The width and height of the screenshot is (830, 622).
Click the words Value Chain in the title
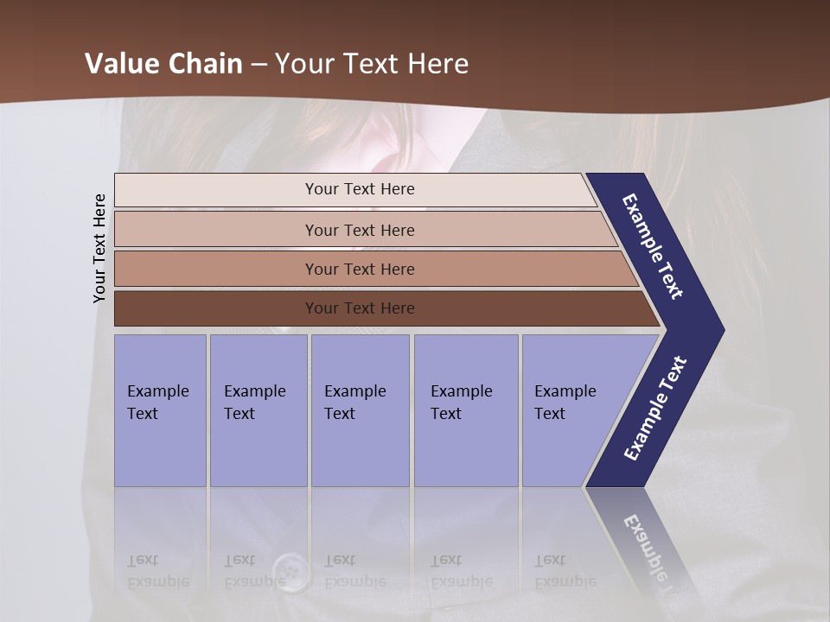(x=163, y=64)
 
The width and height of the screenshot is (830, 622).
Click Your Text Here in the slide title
(x=372, y=64)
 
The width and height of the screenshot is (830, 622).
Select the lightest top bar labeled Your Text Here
(x=359, y=189)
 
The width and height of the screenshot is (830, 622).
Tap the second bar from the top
(x=359, y=230)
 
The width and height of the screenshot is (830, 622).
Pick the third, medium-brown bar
(x=359, y=269)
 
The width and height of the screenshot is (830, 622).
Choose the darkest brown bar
(x=359, y=308)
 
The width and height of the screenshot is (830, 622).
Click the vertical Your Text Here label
(x=99, y=248)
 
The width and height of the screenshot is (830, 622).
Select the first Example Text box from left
(x=160, y=410)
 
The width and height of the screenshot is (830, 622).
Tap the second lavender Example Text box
(x=258, y=410)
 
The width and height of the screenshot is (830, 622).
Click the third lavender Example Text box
(x=359, y=410)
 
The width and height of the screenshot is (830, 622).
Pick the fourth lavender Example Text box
(x=465, y=410)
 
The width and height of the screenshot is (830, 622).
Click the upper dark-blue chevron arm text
(x=654, y=246)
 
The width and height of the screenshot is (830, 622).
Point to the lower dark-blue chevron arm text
(x=655, y=408)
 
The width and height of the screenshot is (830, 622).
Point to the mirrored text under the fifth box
(x=565, y=571)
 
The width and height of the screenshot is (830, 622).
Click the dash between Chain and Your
(x=259, y=65)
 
